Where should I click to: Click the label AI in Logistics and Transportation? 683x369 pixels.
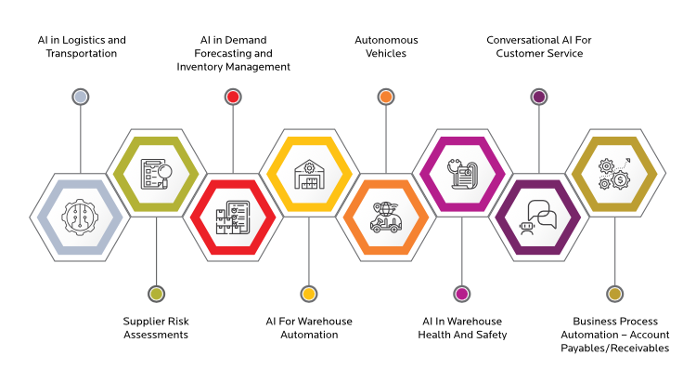coord(81,46)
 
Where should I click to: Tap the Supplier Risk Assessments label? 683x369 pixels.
coord(156,328)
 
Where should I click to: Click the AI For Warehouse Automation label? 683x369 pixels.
coord(309,328)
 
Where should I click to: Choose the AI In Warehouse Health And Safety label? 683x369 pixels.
coord(462,328)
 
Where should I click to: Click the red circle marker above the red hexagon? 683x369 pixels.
coord(233,96)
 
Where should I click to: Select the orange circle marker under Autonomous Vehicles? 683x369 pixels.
coord(386,96)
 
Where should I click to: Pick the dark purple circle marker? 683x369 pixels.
coord(538,96)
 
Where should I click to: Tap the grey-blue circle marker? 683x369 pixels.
coord(81,96)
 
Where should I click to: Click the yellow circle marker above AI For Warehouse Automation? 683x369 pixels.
coord(309,294)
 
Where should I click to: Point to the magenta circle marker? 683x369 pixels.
coord(462,294)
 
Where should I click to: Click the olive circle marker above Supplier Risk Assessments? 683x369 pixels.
coord(156,294)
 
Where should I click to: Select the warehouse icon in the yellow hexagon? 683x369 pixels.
coord(309,174)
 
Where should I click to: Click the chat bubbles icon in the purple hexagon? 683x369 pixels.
coord(538,219)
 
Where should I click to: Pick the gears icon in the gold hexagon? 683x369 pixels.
coord(614,174)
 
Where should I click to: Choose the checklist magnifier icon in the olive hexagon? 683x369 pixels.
coord(156,174)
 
